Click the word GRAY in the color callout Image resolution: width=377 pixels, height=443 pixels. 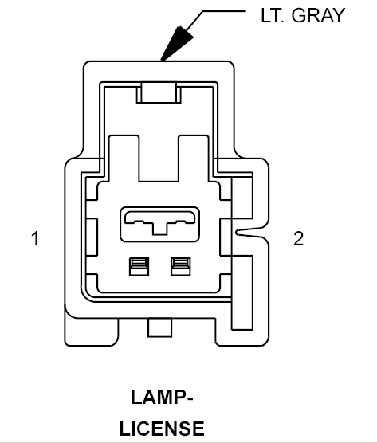click(318, 15)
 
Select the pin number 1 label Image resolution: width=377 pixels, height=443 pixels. click(35, 238)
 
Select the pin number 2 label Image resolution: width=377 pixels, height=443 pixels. click(298, 238)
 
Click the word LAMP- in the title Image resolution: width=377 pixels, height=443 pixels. click(162, 397)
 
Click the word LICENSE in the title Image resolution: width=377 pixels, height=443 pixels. click(162, 429)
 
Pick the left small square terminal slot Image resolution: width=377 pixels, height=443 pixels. click(139, 266)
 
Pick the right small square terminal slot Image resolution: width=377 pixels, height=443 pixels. click(181, 266)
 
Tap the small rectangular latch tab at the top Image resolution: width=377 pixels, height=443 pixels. click(159, 92)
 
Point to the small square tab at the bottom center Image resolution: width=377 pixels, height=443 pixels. click(159, 327)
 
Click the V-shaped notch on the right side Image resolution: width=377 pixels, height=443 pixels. click(251, 232)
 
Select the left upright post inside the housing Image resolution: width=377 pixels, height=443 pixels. click(124, 159)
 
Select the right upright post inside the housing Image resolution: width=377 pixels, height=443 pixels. click(194, 159)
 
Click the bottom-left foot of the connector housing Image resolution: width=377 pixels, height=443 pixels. click(92, 331)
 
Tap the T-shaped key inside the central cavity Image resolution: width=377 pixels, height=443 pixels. click(159, 226)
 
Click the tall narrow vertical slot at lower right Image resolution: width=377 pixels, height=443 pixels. click(242, 292)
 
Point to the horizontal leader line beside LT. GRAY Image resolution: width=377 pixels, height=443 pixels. click(224, 11)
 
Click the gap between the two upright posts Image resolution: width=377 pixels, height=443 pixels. click(159, 159)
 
